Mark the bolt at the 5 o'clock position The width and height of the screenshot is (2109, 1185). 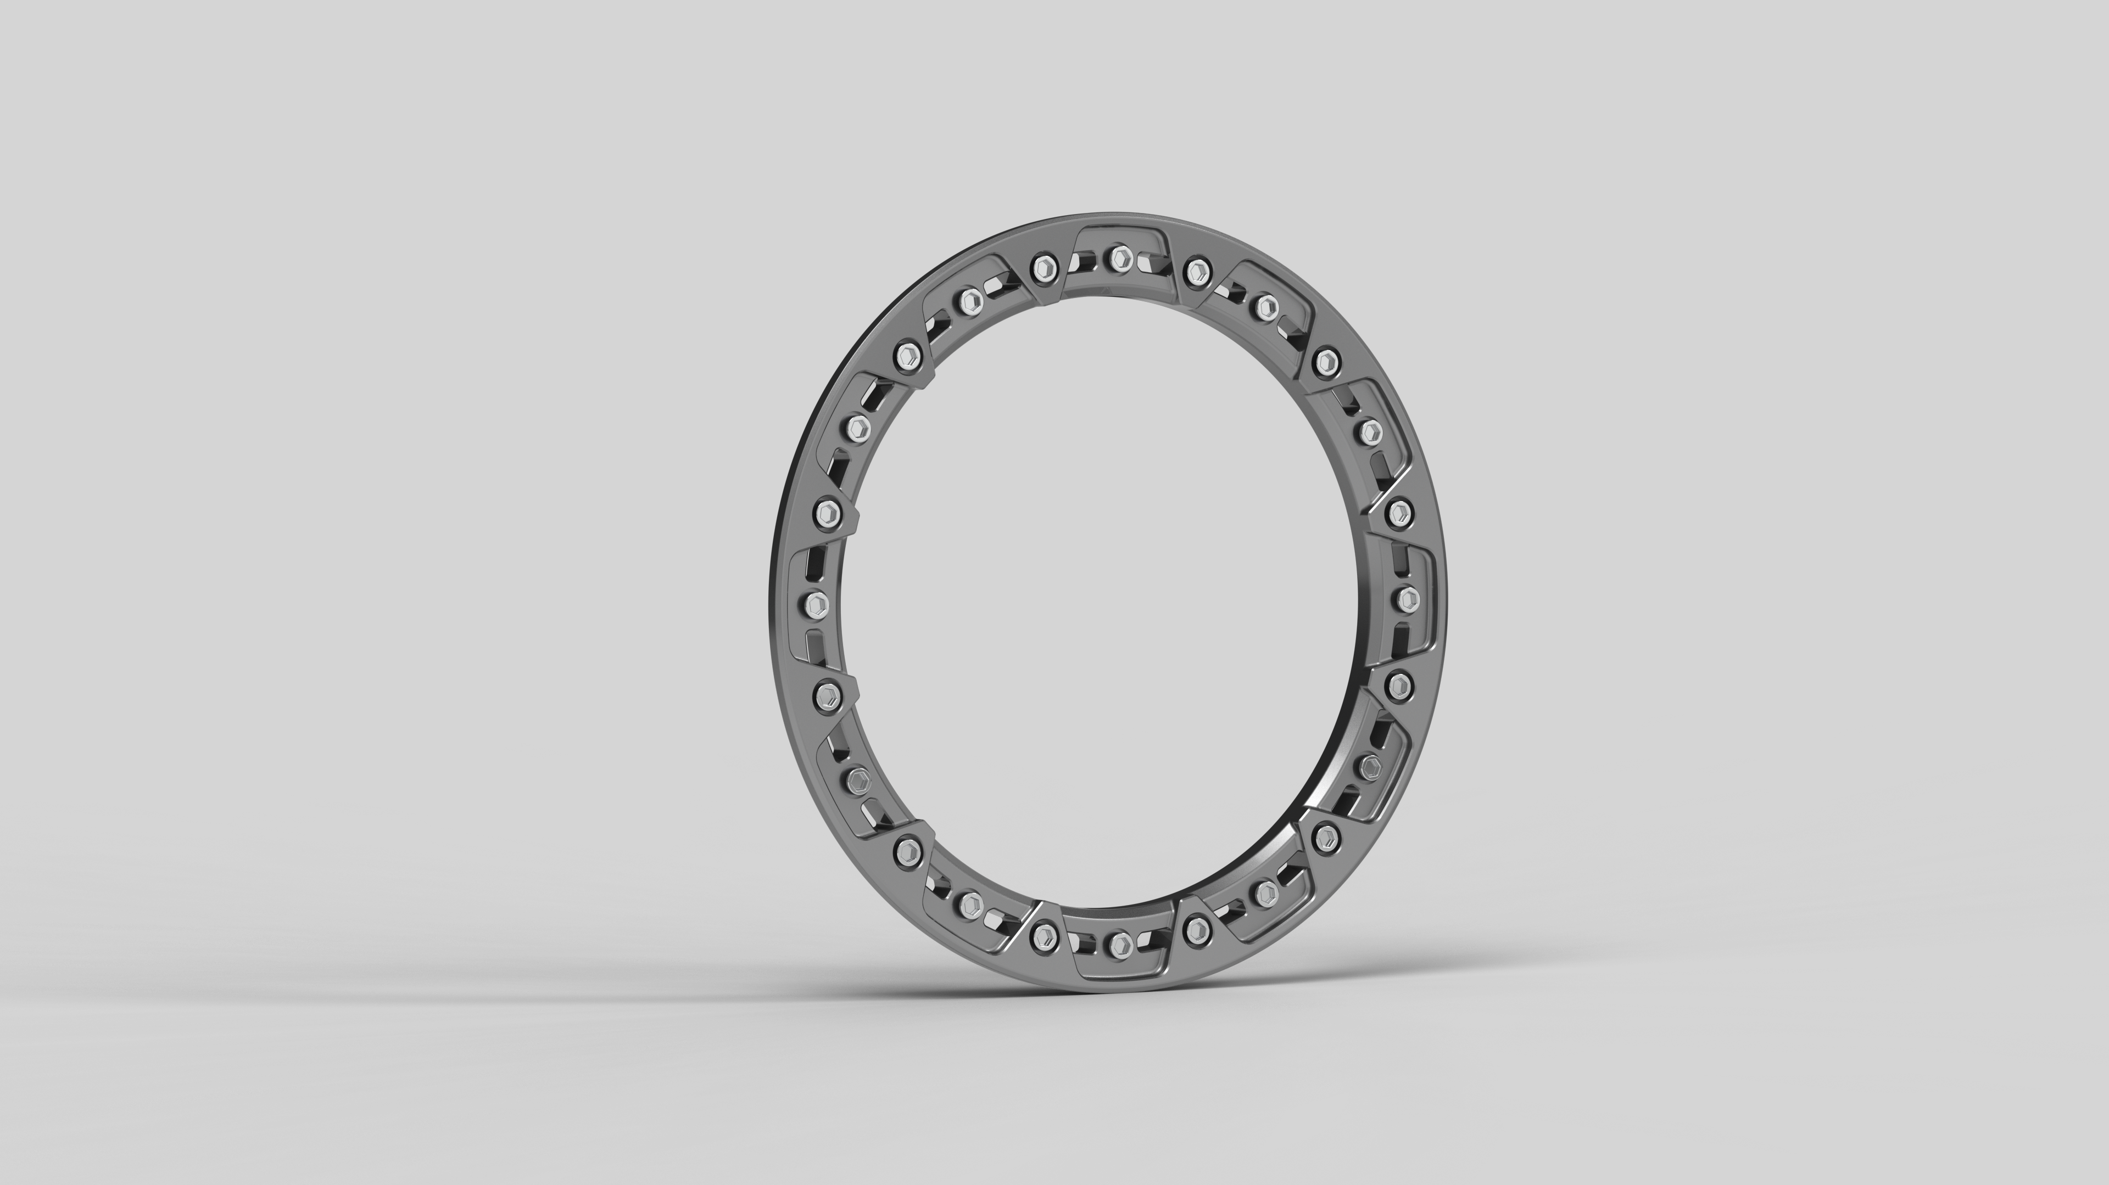click(x=1266, y=891)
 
